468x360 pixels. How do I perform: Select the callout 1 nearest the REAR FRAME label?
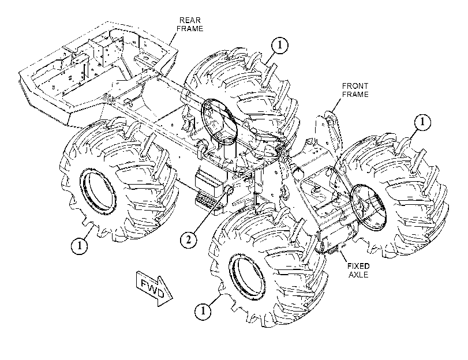tap(280, 45)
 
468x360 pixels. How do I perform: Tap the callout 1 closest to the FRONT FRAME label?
tap(422, 122)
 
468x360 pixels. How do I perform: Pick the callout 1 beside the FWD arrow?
tap(203, 311)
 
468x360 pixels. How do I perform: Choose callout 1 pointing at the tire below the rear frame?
tap(80, 246)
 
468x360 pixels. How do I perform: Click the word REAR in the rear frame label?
tap(190, 20)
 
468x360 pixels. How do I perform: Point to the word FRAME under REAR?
tap(190, 29)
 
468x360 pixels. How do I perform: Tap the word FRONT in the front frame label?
tap(355, 86)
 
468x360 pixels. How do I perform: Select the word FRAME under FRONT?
tap(355, 95)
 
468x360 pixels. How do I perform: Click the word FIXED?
tap(358, 266)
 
